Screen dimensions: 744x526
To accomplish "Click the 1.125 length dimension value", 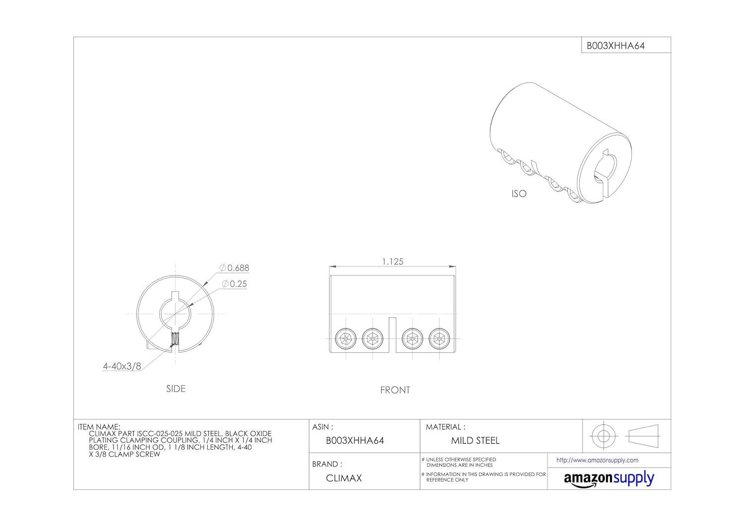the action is [393, 262].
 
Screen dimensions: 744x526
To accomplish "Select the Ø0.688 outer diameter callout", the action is [234, 268].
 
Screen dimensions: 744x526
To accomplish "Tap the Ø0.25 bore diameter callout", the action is [234, 284].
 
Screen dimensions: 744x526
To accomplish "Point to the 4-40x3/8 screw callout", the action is [122, 367].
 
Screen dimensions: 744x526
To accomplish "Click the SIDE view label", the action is [176, 389].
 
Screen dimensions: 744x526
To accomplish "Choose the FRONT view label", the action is [395, 390].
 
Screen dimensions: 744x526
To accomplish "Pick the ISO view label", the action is [519, 194].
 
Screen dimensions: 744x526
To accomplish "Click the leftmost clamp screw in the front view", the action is [346, 339].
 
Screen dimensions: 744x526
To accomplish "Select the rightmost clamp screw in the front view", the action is [439, 339].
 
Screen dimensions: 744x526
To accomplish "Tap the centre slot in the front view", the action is [392, 335].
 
